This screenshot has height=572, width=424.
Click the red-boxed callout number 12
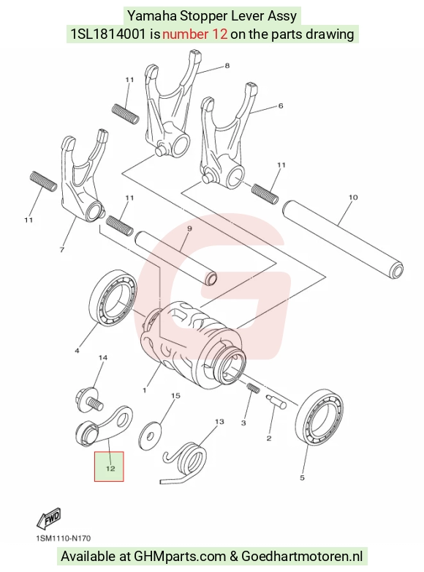coord(110,469)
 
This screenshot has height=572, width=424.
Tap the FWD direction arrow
coord(49,519)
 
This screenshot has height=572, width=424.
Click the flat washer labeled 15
coord(150,435)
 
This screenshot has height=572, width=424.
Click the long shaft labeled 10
coord(343,239)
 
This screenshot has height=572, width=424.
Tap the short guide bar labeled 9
coord(176,257)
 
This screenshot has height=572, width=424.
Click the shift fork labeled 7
coord(83,175)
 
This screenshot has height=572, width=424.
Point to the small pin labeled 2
coord(276,401)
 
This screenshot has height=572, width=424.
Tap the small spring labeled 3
coord(253,387)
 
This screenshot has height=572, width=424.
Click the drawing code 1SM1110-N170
coord(64,538)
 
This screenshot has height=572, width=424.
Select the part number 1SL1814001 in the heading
coord(108,34)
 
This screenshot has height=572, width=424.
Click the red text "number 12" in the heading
coord(195,34)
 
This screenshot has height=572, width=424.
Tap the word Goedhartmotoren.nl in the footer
coord(302,557)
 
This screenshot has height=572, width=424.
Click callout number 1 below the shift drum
coord(144,390)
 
